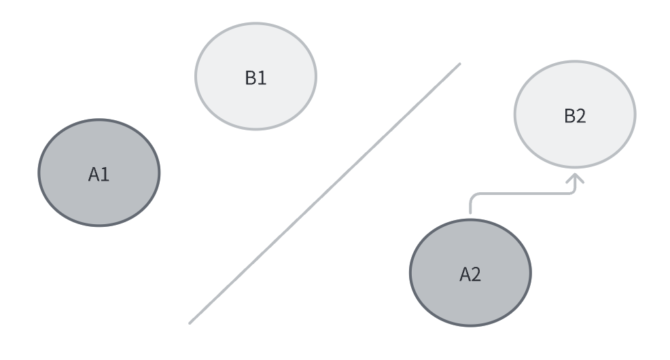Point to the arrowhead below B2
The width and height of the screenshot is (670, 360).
576,178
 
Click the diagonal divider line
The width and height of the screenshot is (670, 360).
325,193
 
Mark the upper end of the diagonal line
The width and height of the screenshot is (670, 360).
459,65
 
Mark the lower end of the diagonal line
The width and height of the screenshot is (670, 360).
190,323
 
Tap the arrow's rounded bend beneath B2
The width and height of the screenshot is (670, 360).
573,190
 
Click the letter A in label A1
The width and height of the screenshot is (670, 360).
94,175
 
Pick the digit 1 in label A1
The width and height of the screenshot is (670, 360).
105,175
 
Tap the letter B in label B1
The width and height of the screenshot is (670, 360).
250,78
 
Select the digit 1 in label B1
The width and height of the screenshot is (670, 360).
262,78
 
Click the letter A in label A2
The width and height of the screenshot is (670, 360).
465,274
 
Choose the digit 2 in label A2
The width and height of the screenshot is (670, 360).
476,274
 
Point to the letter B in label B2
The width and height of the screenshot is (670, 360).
569,116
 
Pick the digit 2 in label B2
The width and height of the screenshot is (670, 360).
581,116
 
